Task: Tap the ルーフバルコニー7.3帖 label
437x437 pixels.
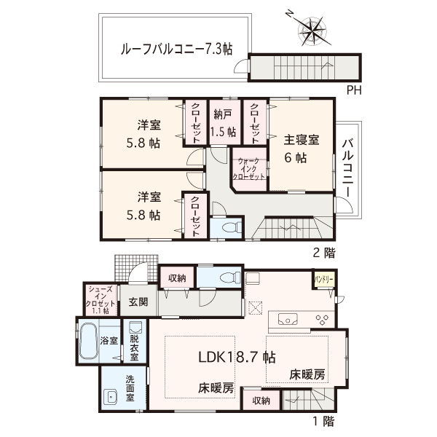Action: [x=176, y=50]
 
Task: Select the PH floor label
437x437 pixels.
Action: [x=354, y=90]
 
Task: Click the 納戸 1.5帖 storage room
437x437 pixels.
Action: [x=224, y=122]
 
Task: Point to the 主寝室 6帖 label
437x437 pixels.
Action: [x=302, y=149]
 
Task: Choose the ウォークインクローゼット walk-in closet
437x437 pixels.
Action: [x=249, y=169]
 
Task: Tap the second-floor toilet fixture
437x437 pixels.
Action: [x=232, y=227]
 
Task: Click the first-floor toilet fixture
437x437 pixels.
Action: [x=230, y=277]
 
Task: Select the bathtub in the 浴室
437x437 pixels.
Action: [x=88, y=342]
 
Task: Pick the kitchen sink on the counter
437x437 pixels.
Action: [x=288, y=319]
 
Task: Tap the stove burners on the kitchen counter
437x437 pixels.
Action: [x=323, y=319]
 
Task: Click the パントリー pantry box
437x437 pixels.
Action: [x=324, y=279]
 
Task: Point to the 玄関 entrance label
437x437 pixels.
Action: [x=138, y=302]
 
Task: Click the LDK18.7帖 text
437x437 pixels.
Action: [x=237, y=358]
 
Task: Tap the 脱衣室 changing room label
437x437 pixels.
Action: [x=134, y=347]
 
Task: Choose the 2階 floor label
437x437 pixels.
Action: [x=324, y=253]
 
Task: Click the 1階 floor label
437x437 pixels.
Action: [x=324, y=421]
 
